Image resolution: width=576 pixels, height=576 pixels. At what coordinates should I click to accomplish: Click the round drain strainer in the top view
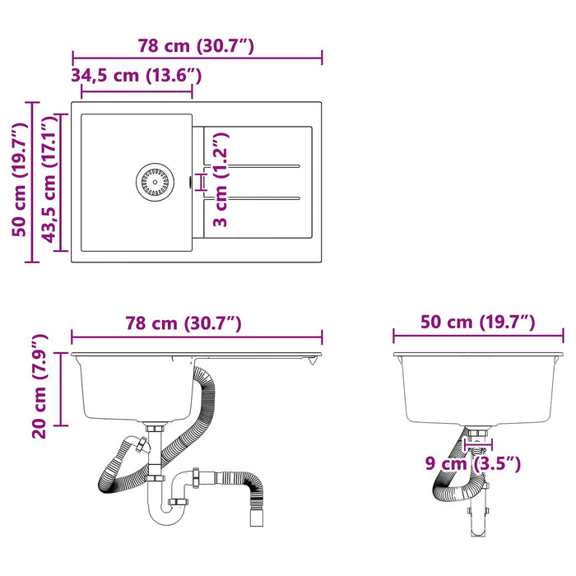[x=155, y=182]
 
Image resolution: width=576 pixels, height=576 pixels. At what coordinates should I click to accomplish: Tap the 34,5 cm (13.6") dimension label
[x=137, y=76]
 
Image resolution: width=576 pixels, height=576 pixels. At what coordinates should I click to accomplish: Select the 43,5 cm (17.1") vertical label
[x=49, y=180]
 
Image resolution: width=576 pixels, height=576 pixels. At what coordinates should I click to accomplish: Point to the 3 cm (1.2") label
[x=221, y=179]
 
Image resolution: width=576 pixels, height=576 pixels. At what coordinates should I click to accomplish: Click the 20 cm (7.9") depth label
[x=39, y=386]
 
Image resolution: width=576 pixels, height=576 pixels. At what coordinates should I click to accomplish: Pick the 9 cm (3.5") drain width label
[x=473, y=463]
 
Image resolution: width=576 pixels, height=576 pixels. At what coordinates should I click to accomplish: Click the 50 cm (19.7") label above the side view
[x=478, y=323]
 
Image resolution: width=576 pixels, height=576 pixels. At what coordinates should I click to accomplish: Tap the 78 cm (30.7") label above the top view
[x=196, y=46]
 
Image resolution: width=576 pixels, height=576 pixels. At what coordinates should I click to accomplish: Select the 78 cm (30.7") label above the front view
[x=183, y=323]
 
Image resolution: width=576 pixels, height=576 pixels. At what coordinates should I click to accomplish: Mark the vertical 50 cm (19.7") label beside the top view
[x=20, y=179]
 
